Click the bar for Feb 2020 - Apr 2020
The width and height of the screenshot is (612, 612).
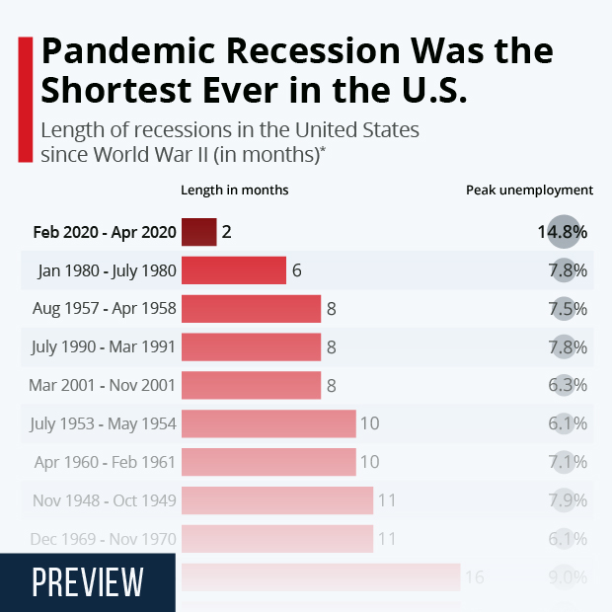click(198, 232)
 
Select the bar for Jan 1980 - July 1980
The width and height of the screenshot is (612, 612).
click(233, 270)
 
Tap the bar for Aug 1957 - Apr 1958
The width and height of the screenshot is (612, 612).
click(251, 309)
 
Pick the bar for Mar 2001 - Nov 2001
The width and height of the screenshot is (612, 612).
click(251, 385)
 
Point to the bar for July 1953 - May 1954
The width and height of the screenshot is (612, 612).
click(268, 423)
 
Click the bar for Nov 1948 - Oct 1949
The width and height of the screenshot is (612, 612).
click(276, 500)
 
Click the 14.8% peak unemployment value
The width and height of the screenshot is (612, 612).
click(562, 233)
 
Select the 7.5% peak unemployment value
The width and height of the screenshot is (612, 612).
click(568, 309)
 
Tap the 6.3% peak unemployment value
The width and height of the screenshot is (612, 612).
click(568, 385)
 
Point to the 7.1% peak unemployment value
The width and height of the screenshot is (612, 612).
click(568, 462)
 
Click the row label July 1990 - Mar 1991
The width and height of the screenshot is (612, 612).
click(105, 347)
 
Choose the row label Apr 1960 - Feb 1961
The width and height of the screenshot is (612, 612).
click(105, 462)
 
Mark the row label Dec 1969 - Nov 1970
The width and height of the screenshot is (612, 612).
click(104, 539)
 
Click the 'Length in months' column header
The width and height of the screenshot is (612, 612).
click(235, 190)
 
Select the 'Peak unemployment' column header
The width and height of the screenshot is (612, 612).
click(529, 190)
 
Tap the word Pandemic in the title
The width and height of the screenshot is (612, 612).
click(130, 51)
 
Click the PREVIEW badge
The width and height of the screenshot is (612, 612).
click(87, 582)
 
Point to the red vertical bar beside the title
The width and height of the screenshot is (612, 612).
click(25, 99)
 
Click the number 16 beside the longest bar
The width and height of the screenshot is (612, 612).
click(474, 577)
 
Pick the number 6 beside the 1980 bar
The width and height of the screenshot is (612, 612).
click(296, 270)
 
